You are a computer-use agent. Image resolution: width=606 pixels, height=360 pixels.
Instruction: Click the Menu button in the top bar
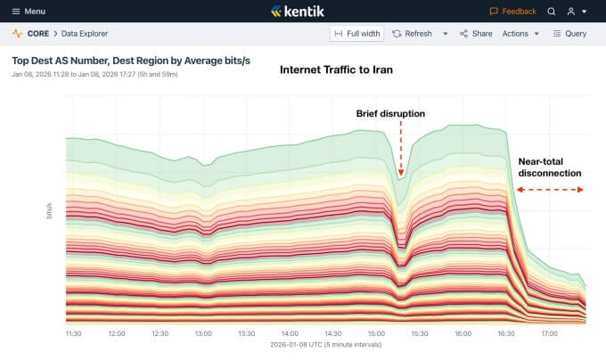click(29, 12)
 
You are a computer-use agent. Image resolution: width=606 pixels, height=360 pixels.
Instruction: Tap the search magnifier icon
click(552, 12)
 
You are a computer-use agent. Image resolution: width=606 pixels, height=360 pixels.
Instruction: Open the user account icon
click(572, 12)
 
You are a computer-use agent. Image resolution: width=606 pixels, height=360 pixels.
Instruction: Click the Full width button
click(356, 34)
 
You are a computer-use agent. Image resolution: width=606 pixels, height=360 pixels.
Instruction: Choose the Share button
click(476, 34)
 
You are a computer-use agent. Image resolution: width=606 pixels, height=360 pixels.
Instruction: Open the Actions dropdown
click(520, 34)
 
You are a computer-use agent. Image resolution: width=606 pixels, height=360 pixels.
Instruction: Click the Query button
click(569, 34)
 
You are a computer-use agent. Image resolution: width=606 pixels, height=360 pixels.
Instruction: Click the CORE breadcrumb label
click(38, 34)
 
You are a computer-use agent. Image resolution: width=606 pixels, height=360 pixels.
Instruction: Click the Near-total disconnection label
click(550, 168)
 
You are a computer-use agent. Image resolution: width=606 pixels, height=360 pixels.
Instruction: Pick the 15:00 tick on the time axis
click(376, 333)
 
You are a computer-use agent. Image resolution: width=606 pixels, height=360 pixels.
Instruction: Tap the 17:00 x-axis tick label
click(550, 333)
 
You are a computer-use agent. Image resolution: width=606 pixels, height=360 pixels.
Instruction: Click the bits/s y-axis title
click(49, 211)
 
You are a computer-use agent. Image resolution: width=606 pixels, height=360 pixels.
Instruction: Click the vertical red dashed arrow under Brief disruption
click(401, 150)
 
